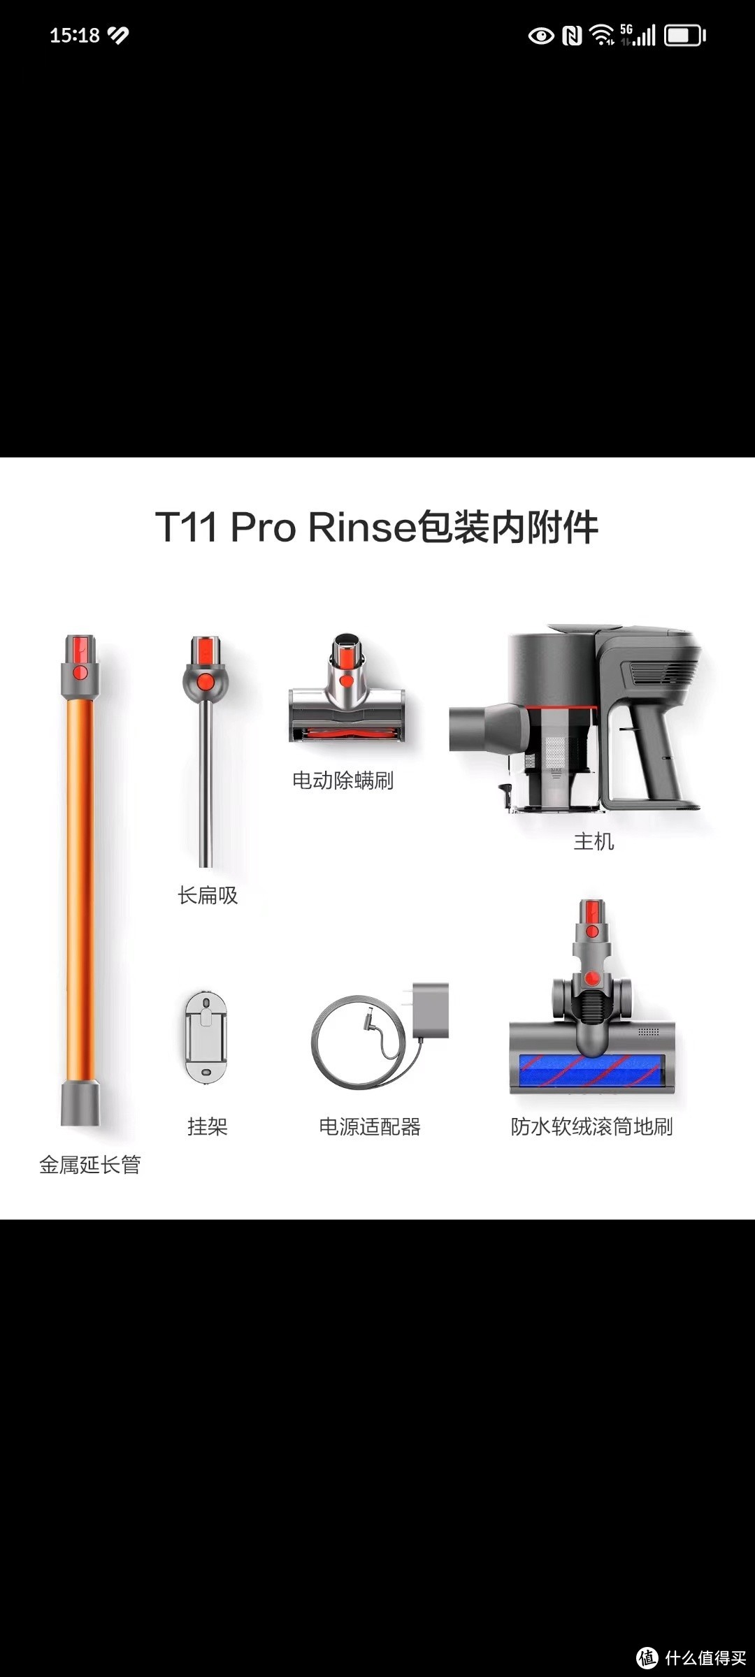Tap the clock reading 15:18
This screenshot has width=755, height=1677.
[x=74, y=35]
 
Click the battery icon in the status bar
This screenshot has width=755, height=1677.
[x=684, y=35]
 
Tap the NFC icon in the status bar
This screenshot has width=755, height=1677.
[x=572, y=35]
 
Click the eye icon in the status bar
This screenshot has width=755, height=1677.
[x=540, y=35]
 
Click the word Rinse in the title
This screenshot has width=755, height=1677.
[x=361, y=527]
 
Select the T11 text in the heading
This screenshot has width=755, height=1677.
[x=186, y=527]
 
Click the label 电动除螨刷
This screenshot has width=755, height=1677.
[x=343, y=781]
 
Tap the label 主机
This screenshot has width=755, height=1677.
[x=594, y=841]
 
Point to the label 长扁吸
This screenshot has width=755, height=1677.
[x=208, y=895]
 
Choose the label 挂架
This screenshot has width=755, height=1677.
[x=207, y=1126]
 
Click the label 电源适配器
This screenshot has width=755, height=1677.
[x=370, y=1126]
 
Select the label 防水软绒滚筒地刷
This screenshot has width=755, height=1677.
[x=591, y=1126]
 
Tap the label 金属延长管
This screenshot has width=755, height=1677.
[x=90, y=1165]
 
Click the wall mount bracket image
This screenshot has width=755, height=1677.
[x=206, y=1038]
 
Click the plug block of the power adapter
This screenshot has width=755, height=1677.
[x=430, y=1010]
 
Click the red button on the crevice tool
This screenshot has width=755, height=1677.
[x=206, y=681]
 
